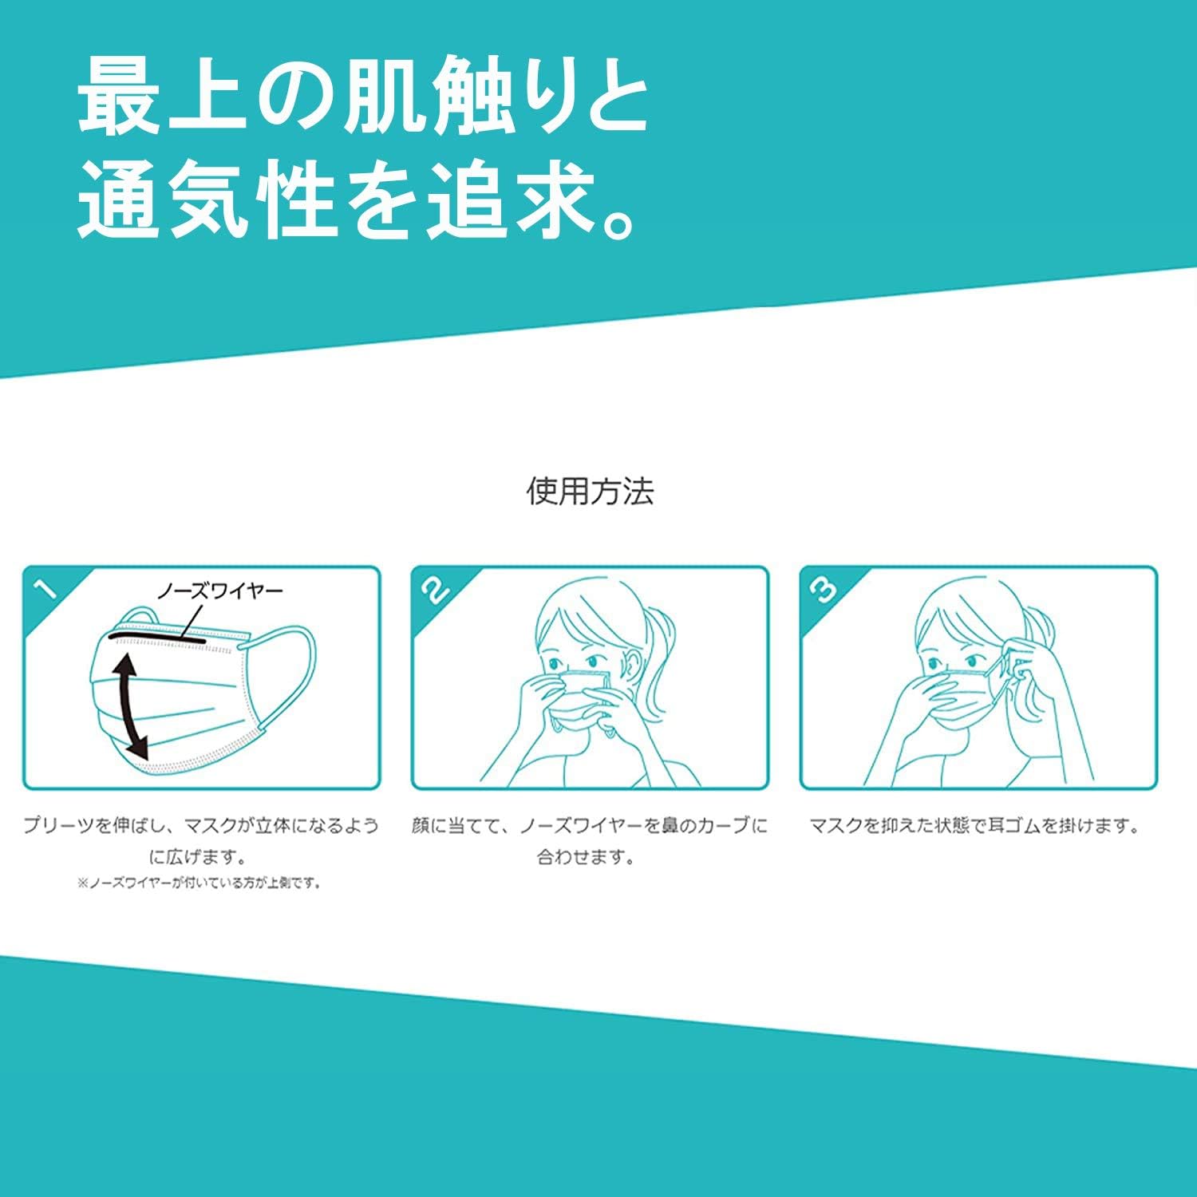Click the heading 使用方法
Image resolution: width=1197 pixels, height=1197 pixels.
click(591, 491)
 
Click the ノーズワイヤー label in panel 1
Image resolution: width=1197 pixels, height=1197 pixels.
click(219, 591)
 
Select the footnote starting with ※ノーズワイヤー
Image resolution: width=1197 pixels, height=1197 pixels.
click(199, 883)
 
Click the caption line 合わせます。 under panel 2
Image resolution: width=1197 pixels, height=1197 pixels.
click(586, 858)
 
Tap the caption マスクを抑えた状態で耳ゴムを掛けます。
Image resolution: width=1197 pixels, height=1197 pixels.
click(975, 825)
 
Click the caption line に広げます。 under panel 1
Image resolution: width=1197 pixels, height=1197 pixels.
click(198, 858)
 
